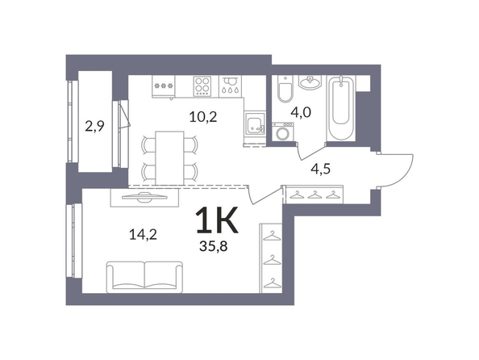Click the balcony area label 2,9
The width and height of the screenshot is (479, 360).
point(94,126)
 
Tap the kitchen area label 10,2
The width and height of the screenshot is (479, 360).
point(203,116)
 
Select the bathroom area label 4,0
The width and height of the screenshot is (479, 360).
point(301,112)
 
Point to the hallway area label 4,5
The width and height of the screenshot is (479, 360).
point(320,169)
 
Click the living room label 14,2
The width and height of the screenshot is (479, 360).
point(143,235)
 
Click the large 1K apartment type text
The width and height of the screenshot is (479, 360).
point(217,220)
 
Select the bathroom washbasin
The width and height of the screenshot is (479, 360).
point(310,82)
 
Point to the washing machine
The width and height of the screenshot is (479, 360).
point(283,132)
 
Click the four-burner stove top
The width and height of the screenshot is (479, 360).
point(202,86)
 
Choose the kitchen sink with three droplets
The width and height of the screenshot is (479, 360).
point(231,86)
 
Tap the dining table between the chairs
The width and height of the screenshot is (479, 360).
point(169,158)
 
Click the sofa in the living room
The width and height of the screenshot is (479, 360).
point(144,277)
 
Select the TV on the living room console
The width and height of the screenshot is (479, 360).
point(145,197)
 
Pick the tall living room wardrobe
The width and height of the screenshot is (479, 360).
point(271,258)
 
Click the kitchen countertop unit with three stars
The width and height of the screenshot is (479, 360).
point(164,86)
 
